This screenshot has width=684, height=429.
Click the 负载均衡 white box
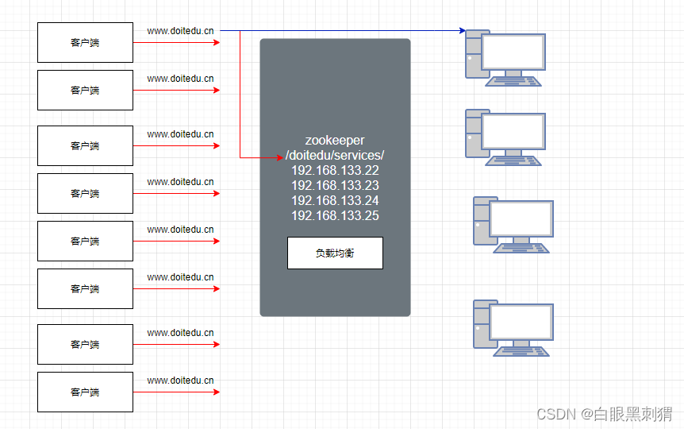(x=335, y=253)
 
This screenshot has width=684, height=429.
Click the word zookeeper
(x=335, y=140)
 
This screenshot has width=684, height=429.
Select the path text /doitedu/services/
(x=335, y=155)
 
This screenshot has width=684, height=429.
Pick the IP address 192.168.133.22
(x=335, y=170)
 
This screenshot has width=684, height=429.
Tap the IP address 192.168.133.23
(x=335, y=185)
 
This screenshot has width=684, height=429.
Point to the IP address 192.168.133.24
(x=335, y=200)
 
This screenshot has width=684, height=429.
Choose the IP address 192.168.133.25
(x=335, y=215)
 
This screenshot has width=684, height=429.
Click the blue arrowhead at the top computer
(x=461, y=31)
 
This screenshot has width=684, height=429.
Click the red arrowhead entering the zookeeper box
(x=279, y=158)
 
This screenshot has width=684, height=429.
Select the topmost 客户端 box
(x=86, y=42)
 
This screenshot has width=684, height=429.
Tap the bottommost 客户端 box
(x=86, y=392)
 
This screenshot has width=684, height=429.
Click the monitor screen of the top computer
(x=513, y=52)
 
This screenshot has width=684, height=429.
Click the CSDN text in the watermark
(x=555, y=413)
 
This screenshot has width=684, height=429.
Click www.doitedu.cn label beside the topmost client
(x=180, y=31)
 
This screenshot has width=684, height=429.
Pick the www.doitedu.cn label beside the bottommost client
(x=180, y=381)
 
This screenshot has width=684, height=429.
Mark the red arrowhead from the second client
(x=216, y=90)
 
